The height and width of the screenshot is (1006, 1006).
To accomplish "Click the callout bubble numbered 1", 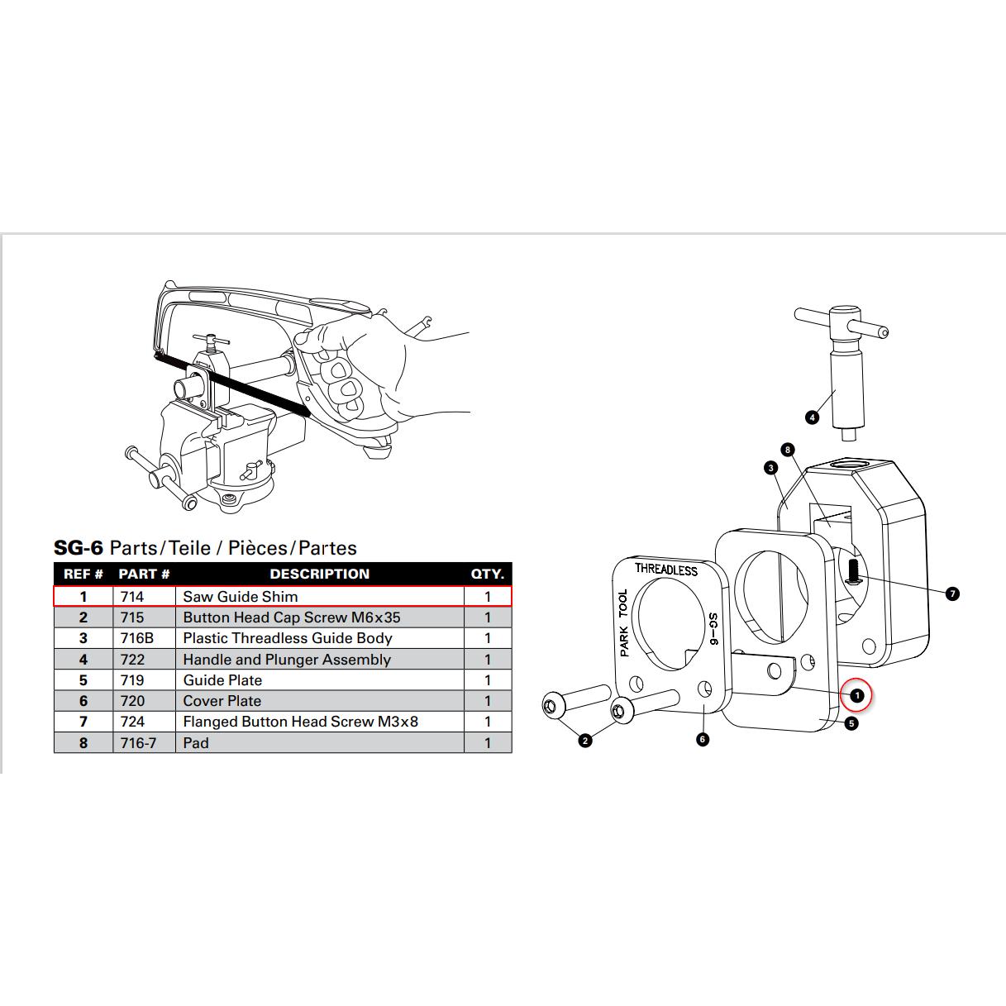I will coord(856,695).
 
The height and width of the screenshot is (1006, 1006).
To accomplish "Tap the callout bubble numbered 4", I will coord(812,417).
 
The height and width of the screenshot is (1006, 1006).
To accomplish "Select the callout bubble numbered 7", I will coord(952,594).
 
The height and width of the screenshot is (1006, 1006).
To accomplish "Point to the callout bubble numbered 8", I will coord(788,450).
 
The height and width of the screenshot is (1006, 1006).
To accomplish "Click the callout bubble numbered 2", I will coord(585,741).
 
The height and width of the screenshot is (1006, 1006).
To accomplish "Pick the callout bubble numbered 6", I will coord(703,739).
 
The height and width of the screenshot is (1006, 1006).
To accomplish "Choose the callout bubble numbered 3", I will coord(770,468).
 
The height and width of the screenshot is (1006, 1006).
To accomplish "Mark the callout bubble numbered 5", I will coord(851,723).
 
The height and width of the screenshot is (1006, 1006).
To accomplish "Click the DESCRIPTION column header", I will coord(319,574).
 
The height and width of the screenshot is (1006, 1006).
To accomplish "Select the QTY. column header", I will coord(487,574).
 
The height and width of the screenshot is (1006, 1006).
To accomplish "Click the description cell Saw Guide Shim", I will coord(241,596).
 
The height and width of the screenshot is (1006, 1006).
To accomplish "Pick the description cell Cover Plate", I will coord(222,701).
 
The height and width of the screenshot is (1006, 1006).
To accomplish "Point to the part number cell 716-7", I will coord(138,743).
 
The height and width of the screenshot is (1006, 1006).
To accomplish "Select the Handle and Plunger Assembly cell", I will coord(287,660).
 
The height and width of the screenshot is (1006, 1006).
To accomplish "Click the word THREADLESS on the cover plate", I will coord(666,569).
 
